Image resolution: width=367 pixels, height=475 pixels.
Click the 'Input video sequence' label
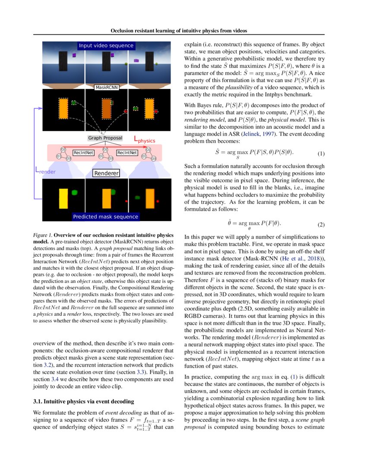click(106, 46)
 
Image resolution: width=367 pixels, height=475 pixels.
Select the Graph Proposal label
click(105, 138)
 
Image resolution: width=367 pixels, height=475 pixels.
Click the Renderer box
click(106, 173)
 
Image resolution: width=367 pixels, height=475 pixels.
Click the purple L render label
click(45, 171)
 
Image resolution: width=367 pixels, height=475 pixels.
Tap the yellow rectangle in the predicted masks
click(63, 199)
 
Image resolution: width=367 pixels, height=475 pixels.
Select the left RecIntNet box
click(83, 152)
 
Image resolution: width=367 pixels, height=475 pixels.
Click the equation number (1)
click(321, 154)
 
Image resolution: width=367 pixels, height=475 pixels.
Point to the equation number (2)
click(321, 225)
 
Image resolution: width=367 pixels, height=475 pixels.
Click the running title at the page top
click(179, 31)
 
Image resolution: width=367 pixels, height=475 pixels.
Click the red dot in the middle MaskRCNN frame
click(126, 111)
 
